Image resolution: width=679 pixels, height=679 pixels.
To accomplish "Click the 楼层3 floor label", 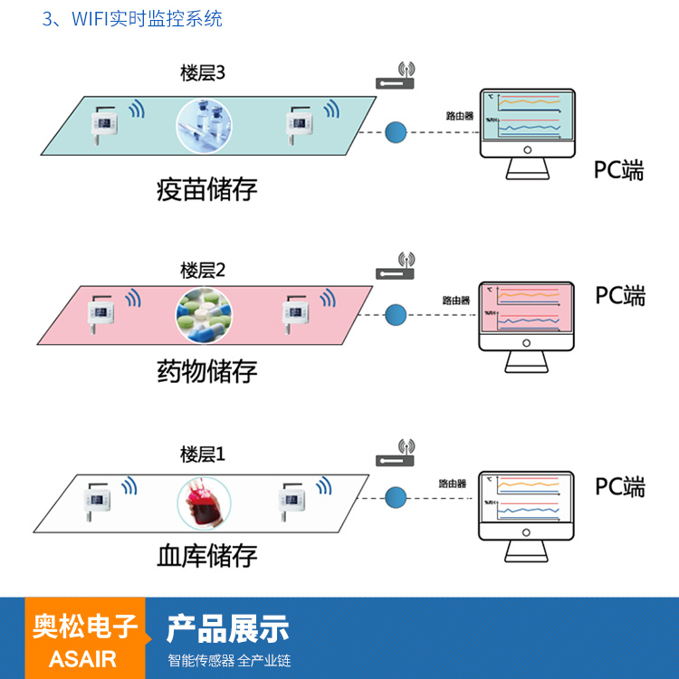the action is pyautogui.click(x=203, y=73).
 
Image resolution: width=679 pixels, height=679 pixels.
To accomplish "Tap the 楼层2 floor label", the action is pyautogui.click(x=203, y=269).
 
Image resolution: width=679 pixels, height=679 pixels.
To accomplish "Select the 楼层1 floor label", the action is pyautogui.click(x=203, y=453).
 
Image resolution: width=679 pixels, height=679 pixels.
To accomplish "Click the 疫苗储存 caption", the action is pyautogui.click(x=207, y=189).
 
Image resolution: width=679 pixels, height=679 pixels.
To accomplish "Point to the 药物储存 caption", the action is pyautogui.click(x=207, y=371).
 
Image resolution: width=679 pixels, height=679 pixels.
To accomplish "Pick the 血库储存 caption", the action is pyautogui.click(x=207, y=554).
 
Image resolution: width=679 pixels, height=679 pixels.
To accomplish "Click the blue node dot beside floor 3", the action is pyautogui.click(x=397, y=131).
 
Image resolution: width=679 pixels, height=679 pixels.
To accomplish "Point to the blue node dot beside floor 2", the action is pyautogui.click(x=396, y=314).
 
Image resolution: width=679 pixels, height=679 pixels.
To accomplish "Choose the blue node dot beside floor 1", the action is pyautogui.click(x=396, y=497).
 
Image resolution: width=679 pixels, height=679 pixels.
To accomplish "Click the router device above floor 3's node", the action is pyautogui.click(x=396, y=79).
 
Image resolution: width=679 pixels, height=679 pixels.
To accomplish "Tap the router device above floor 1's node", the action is pyautogui.click(x=396, y=454).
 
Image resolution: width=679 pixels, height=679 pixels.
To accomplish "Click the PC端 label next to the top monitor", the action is pyautogui.click(x=619, y=170).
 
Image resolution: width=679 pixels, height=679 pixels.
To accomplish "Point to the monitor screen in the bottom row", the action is pyautogui.click(x=527, y=500).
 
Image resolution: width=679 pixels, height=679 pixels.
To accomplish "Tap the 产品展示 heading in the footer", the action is pyautogui.click(x=227, y=627).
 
